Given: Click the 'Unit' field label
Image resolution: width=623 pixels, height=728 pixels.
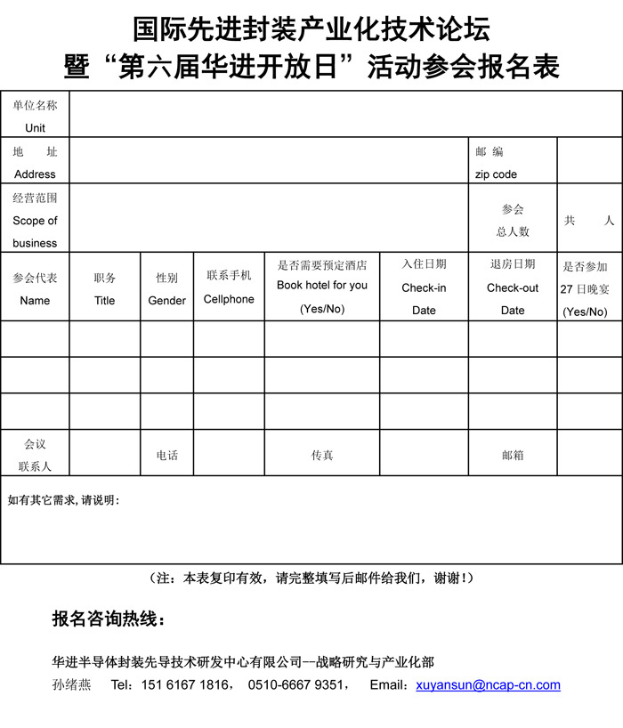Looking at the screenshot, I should click(35, 128).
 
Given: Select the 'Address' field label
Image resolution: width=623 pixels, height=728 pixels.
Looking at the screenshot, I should click(35, 174).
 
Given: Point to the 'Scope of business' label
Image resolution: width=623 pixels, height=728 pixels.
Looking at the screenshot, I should click(35, 231).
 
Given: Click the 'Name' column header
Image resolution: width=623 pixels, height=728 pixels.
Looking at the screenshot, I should click(35, 301).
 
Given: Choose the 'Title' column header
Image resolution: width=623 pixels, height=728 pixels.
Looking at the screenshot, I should click(105, 301).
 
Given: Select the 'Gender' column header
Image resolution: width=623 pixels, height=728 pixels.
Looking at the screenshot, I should click(167, 301).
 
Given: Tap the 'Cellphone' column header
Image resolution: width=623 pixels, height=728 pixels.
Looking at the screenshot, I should click(229, 299).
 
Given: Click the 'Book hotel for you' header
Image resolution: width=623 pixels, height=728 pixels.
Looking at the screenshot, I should click(322, 286).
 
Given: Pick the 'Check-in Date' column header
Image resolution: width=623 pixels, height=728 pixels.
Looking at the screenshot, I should click(424, 299).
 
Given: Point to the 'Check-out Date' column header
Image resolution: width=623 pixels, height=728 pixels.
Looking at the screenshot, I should click(513, 299).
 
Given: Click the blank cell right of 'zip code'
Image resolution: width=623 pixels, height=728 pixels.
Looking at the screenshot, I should click(589, 160).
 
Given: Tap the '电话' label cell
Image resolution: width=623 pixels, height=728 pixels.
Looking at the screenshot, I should click(167, 455).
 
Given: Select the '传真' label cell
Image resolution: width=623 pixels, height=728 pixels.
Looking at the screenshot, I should click(322, 455).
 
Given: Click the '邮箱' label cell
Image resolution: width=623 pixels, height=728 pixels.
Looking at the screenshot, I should click(513, 455).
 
